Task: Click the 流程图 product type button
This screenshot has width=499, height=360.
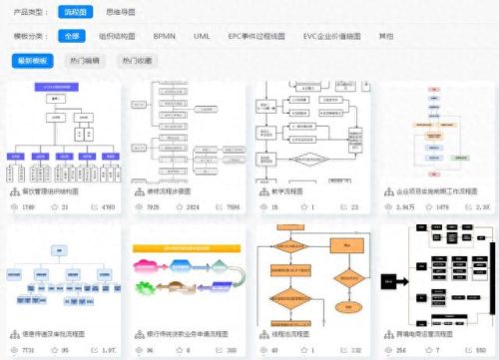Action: click(x=76, y=11)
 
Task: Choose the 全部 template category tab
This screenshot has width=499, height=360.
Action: click(x=72, y=35)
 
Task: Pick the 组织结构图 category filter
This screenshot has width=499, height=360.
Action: click(x=119, y=35)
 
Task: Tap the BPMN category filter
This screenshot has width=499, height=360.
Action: click(x=166, y=35)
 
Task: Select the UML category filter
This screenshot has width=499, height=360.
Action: click(x=203, y=35)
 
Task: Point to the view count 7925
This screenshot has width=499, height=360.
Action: click(x=153, y=207)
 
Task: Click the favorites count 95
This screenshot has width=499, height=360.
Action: click(x=66, y=351)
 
